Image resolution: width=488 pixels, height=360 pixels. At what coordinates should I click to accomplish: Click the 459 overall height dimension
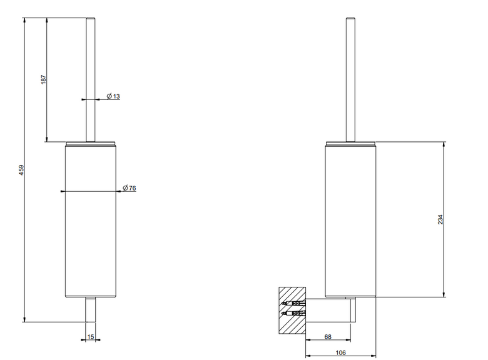[x=21, y=170]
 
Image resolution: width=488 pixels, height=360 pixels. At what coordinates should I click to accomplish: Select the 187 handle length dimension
[x=44, y=79]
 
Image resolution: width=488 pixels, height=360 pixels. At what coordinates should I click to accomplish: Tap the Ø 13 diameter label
[x=113, y=96]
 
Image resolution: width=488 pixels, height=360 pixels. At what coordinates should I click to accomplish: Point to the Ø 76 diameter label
[x=129, y=187]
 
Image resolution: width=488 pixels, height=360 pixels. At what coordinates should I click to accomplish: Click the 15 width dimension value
[x=91, y=336]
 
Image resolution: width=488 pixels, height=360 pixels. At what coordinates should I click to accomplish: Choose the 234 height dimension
[x=440, y=219]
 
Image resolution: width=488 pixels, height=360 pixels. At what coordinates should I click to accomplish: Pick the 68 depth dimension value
[x=328, y=336]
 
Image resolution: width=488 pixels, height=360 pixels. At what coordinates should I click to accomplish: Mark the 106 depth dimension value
[x=341, y=352]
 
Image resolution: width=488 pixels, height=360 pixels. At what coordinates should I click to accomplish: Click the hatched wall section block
[x=292, y=310]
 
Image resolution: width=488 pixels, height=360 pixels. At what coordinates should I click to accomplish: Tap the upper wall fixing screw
[x=293, y=302]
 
